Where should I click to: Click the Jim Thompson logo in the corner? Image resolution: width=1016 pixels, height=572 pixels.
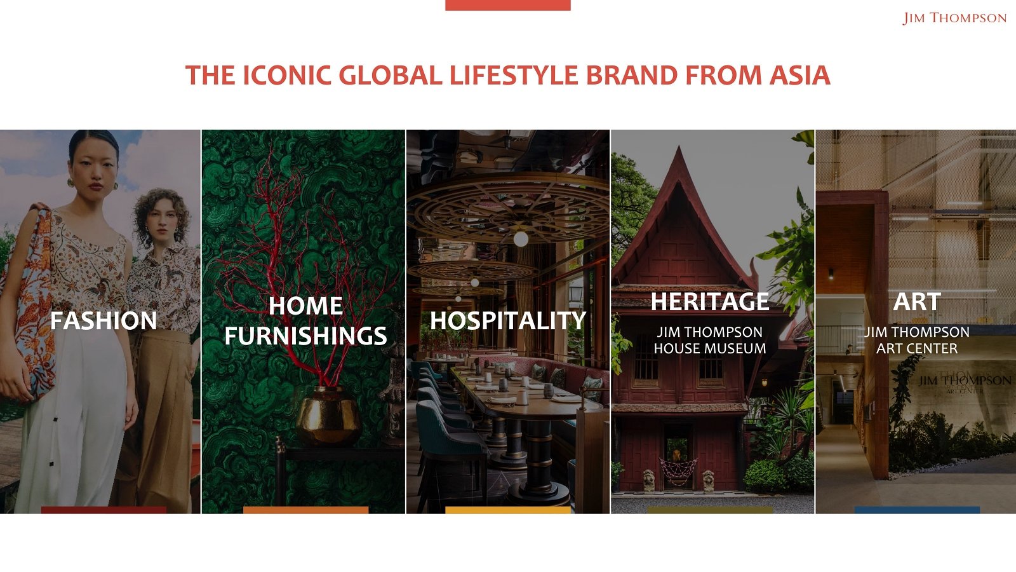[x=954, y=18]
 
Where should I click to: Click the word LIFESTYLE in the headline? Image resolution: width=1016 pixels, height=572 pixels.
[x=514, y=76]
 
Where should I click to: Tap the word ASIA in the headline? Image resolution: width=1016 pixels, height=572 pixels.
[x=799, y=76]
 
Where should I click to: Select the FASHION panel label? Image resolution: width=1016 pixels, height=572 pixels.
[x=104, y=321]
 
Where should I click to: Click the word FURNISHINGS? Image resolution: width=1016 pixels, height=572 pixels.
[x=305, y=336]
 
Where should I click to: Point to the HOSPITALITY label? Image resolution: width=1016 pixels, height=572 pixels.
[x=508, y=321]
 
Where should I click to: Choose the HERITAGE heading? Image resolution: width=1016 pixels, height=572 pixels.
[x=710, y=301]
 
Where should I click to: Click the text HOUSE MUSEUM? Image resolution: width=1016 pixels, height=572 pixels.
[x=710, y=348]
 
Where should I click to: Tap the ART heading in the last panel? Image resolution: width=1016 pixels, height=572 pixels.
[x=917, y=301]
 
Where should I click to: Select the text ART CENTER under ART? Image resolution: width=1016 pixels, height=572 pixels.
[x=917, y=348]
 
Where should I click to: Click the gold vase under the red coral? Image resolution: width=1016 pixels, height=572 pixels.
[x=328, y=416]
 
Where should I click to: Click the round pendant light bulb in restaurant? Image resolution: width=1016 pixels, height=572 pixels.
[x=521, y=239]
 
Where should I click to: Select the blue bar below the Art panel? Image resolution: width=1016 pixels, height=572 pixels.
[x=917, y=510]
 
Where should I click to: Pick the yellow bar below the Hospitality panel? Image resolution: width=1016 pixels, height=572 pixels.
[x=508, y=510]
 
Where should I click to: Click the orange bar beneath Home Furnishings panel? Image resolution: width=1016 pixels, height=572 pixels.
[x=305, y=510]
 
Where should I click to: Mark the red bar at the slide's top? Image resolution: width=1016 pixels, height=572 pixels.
[x=508, y=5]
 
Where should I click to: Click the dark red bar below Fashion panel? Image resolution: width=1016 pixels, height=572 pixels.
[x=104, y=510]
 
